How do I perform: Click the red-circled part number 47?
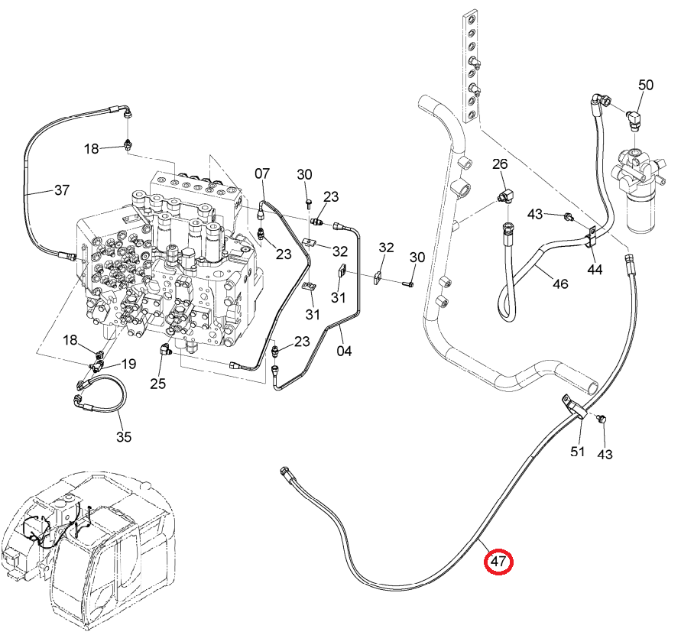coord(498,561)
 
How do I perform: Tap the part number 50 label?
coord(646,85)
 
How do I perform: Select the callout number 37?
coord(62,190)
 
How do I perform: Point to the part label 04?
coord(344,351)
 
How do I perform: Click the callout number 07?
coord(262,173)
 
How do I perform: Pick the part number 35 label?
coord(124,436)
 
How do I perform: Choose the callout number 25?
coord(158,384)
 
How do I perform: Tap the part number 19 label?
coord(128,364)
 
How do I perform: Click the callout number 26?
coord(500,164)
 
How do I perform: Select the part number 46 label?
coord(560,283)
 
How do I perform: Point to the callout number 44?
coord(595,270)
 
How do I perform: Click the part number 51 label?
coord(577,452)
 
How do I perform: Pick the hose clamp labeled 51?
coord(574,406)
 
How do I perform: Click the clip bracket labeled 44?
coord(590,237)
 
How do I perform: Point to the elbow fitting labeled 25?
coord(164,348)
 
